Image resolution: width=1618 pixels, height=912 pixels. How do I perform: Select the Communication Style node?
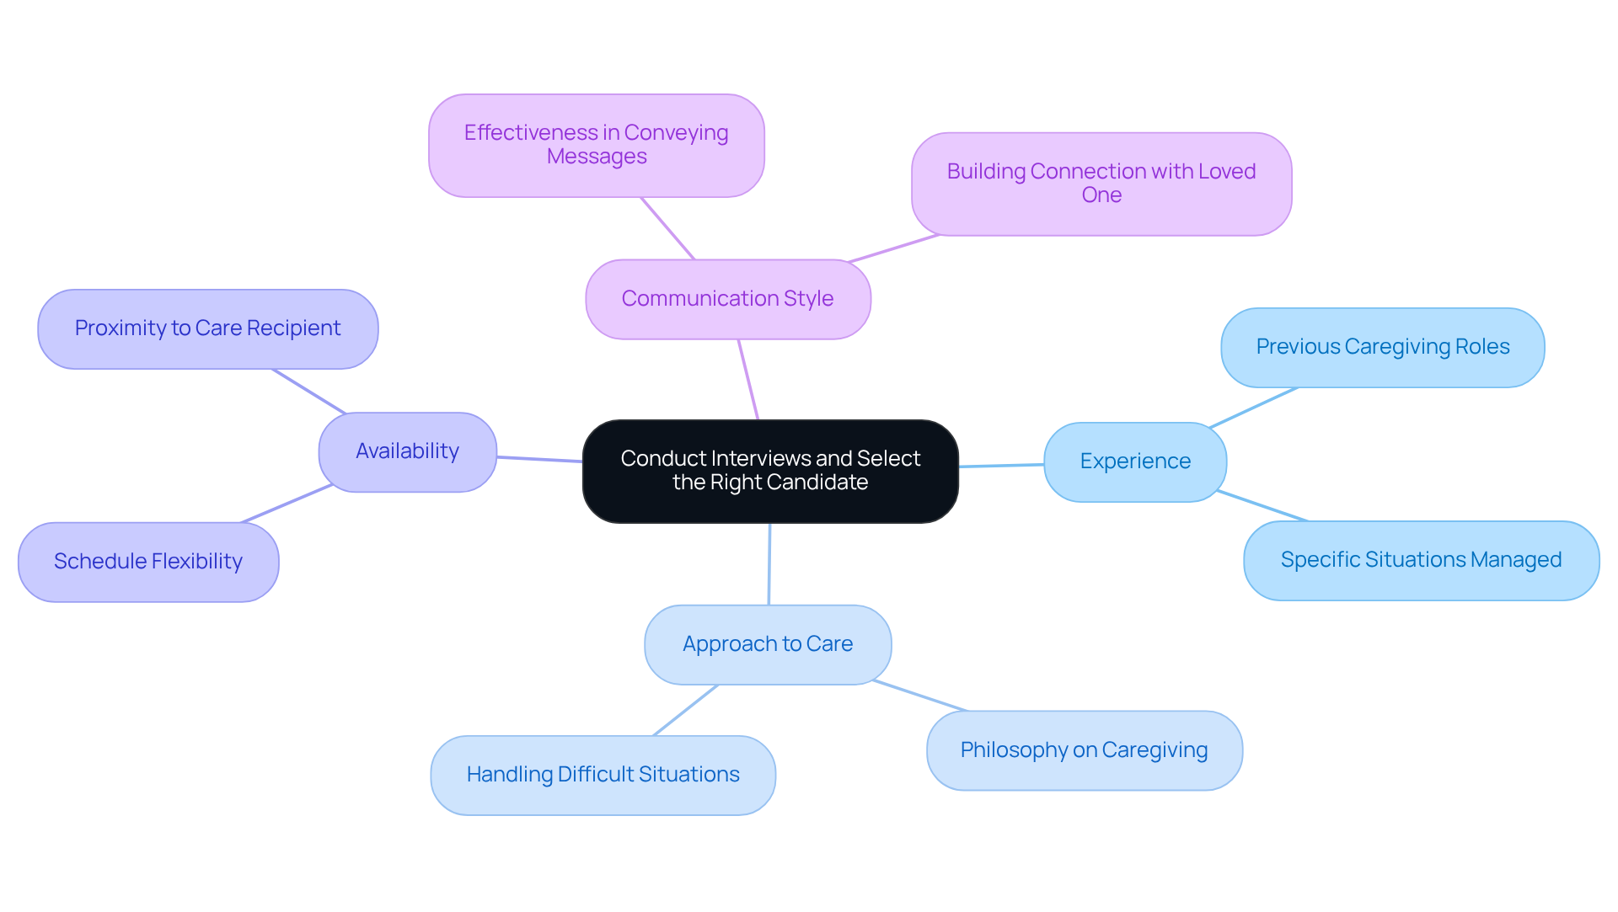coord(727,299)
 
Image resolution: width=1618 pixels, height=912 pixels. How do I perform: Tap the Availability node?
coord(407,451)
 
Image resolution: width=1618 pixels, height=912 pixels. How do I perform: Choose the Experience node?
coord(1134,461)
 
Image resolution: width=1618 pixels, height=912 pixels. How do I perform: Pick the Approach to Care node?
coord(767,644)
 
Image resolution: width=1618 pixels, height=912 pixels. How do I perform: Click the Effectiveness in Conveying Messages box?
coord(596,145)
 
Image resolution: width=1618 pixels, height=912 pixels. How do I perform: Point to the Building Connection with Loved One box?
coord(1101,184)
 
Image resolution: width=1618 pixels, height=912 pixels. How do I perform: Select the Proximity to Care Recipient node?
coord(207,328)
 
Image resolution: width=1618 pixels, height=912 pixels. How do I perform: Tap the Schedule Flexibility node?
coord(148,562)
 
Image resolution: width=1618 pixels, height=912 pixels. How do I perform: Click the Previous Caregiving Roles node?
coord(1382,347)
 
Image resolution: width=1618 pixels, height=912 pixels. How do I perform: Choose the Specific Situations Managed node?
coord(1421,560)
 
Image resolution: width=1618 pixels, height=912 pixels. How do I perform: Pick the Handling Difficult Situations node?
coord(603,775)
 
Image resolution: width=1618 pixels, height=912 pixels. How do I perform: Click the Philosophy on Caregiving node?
coord(1084,750)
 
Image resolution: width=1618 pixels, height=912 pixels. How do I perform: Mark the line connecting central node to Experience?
coord(1001,466)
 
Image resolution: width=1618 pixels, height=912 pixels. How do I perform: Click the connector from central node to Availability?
coord(539,459)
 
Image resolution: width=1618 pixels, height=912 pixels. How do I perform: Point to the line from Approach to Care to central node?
coord(769,564)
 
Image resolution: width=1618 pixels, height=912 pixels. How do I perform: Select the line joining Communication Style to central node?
coord(748,380)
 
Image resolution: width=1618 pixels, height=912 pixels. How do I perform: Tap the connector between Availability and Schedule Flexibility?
coord(287,504)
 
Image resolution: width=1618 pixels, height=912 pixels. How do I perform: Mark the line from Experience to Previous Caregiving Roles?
coord(1254,408)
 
